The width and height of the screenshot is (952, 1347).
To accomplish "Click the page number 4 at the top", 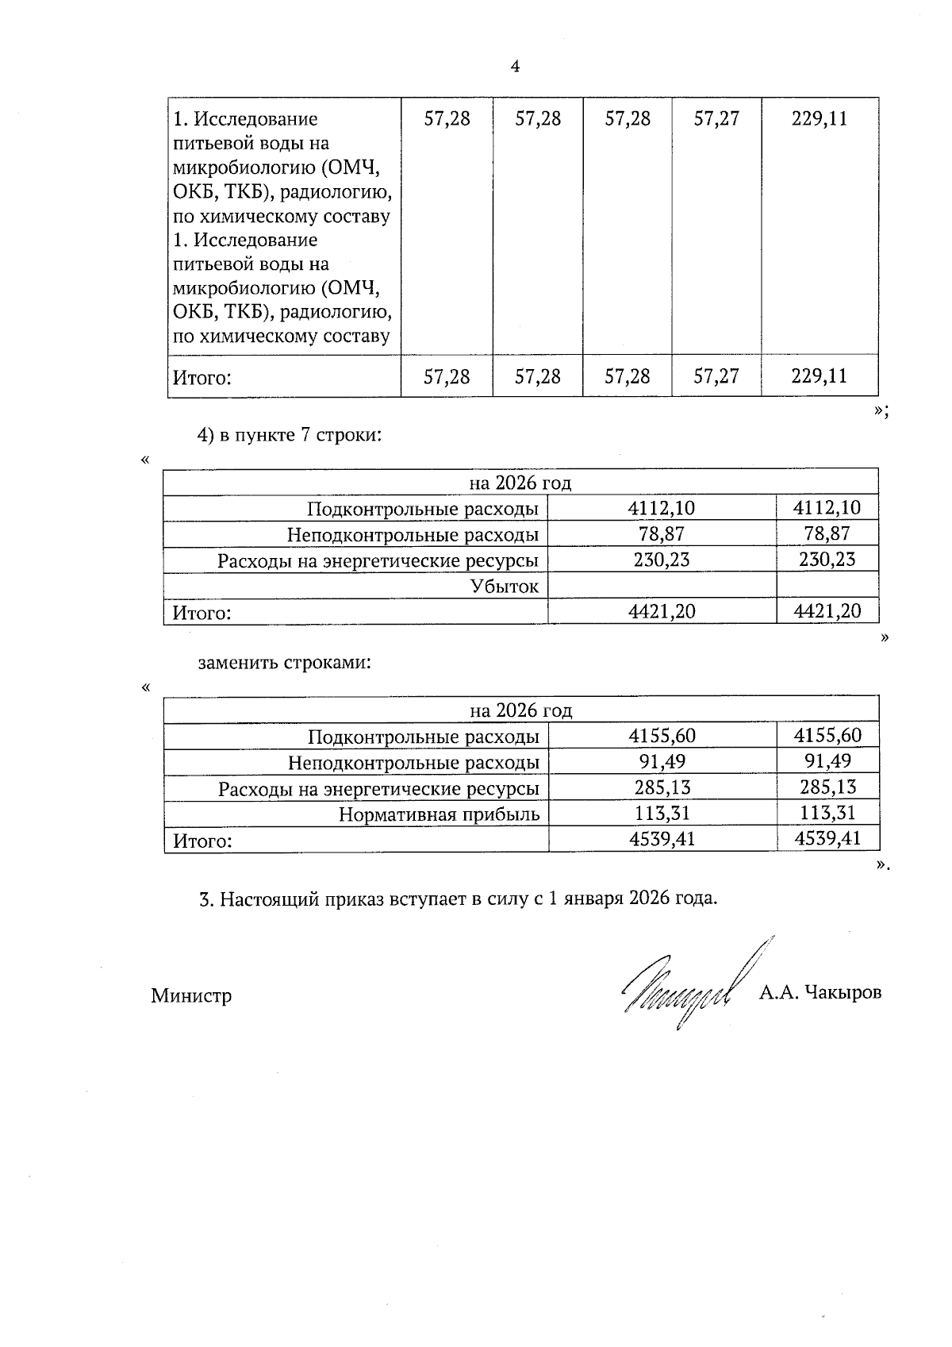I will tap(515, 67).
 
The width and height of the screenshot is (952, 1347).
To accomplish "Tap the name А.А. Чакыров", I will tap(820, 992).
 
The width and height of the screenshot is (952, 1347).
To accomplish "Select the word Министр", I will tap(191, 995).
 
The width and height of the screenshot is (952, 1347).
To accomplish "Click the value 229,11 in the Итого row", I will tap(819, 375).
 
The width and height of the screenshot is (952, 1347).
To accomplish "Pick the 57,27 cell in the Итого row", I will tap(716, 375).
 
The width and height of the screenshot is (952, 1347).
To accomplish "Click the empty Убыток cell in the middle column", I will tap(662, 586).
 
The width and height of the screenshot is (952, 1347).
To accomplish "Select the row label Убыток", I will tap(504, 587).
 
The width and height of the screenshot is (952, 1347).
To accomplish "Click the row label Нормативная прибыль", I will tap(439, 814).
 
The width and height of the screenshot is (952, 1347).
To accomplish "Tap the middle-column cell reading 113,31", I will tap(662, 813).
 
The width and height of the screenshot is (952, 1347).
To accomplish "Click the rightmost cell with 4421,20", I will tap(827, 610).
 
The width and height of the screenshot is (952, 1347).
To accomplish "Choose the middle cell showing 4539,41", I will tap(662, 838).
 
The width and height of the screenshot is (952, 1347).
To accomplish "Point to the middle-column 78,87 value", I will tap(662, 534).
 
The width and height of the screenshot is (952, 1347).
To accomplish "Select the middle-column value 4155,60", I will tap(662, 736).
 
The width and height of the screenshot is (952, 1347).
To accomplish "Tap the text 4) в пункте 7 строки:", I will tap(290, 435).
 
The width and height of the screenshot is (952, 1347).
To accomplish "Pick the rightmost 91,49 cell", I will tap(827, 761).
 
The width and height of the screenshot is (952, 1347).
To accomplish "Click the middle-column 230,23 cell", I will tap(662, 560).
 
